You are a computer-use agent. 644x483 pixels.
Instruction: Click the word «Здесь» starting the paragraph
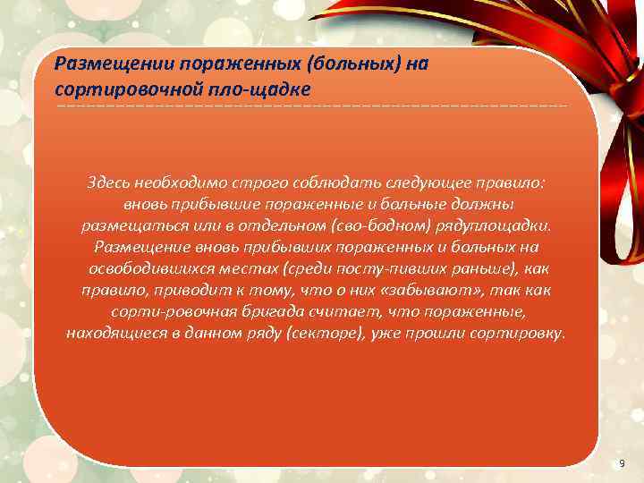coord(109,182)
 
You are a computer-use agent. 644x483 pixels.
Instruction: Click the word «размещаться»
coord(126,225)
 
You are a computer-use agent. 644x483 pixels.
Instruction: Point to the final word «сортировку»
coord(518,334)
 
